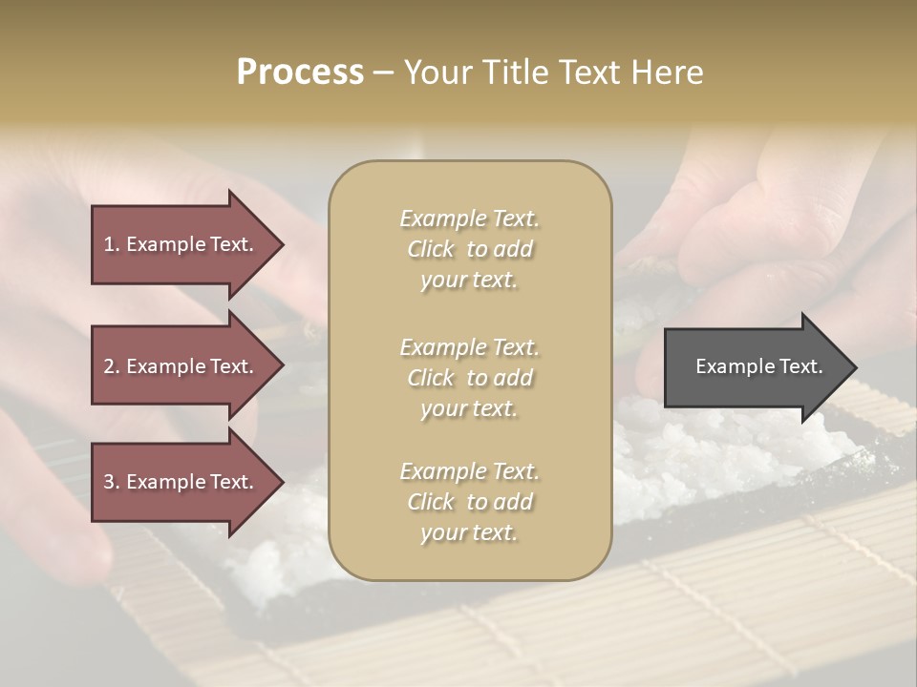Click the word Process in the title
[x=300, y=73]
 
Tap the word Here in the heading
[x=666, y=73]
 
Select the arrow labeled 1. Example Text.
[x=181, y=244]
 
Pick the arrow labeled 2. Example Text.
[x=181, y=366]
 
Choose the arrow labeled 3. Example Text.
[x=181, y=482]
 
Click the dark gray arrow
[x=755, y=366]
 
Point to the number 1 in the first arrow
[x=109, y=244]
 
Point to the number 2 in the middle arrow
[x=109, y=366]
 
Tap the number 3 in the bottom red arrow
[x=109, y=482]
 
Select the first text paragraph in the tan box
[x=469, y=249]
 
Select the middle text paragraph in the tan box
[x=469, y=378]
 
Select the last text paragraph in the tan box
[x=469, y=502]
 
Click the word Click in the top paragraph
[x=431, y=249]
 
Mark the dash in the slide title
[x=383, y=73]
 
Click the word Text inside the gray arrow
[x=800, y=366]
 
